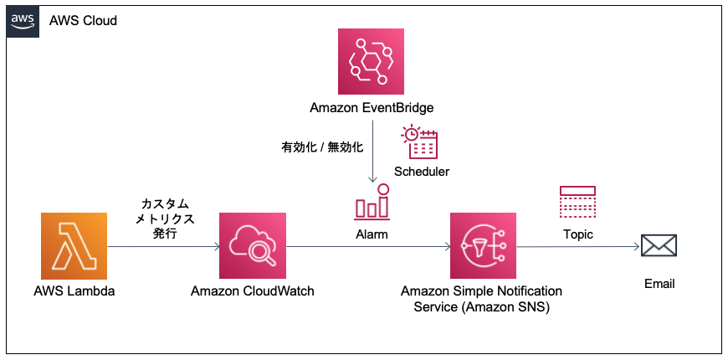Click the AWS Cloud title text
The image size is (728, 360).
(83, 21)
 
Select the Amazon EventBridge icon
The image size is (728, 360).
(371, 60)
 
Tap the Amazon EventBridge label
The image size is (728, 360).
(371, 108)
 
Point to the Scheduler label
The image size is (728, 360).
(422, 172)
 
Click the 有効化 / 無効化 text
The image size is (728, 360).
(322, 147)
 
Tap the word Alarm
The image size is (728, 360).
(372, 234)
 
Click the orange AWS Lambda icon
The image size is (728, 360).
(74, 245)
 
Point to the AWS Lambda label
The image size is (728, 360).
(74, 291)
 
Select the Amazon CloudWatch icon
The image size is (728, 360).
(252, 245)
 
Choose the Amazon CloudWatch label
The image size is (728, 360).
(252, 291)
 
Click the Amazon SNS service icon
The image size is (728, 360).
(483, 245)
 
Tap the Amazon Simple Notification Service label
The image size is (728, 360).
(482, 299)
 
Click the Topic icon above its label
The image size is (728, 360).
(577, 202)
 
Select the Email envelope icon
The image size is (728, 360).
(659, 245)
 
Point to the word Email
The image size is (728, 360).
(659, 284)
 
